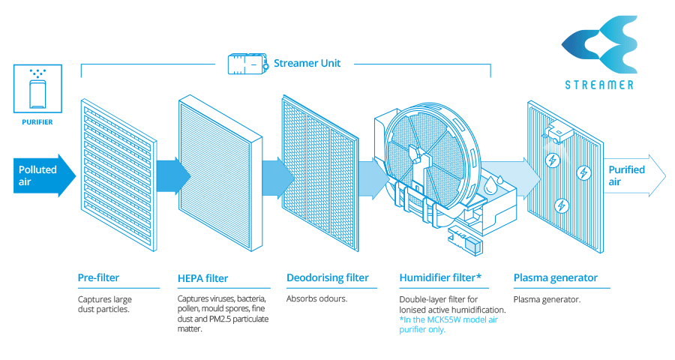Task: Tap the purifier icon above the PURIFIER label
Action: pyautogui.click(x=36, y=89)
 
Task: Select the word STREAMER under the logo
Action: pyautogui.click(x=599, y=85)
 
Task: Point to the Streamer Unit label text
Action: pyautogui.click(x=307, y=63)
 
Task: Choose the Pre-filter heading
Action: pyautogui.click(x=98, y=277)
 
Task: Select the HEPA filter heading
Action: pyautogui.click(x=203, y=278)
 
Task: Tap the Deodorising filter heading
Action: pyautogui.click(x=328, y=277)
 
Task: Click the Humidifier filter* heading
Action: pyautogui.click(x=439, y=277)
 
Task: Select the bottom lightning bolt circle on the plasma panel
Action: pyautogui.click(x=560, y=205)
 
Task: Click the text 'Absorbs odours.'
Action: pyautogui.click(x=316, y=298)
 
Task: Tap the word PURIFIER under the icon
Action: pyautogui.click(x=36, y=121)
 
